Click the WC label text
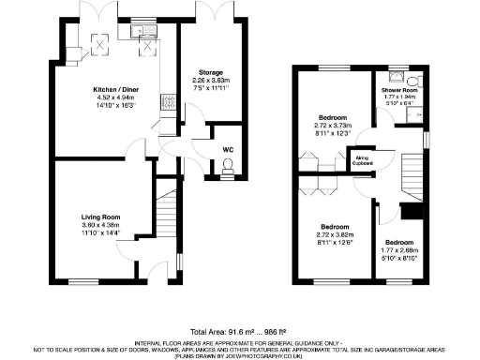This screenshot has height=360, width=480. click(x=228, y=149)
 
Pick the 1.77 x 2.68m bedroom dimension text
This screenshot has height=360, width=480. click(x=397, y=250)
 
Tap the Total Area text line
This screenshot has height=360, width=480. click(x=239, y=332)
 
